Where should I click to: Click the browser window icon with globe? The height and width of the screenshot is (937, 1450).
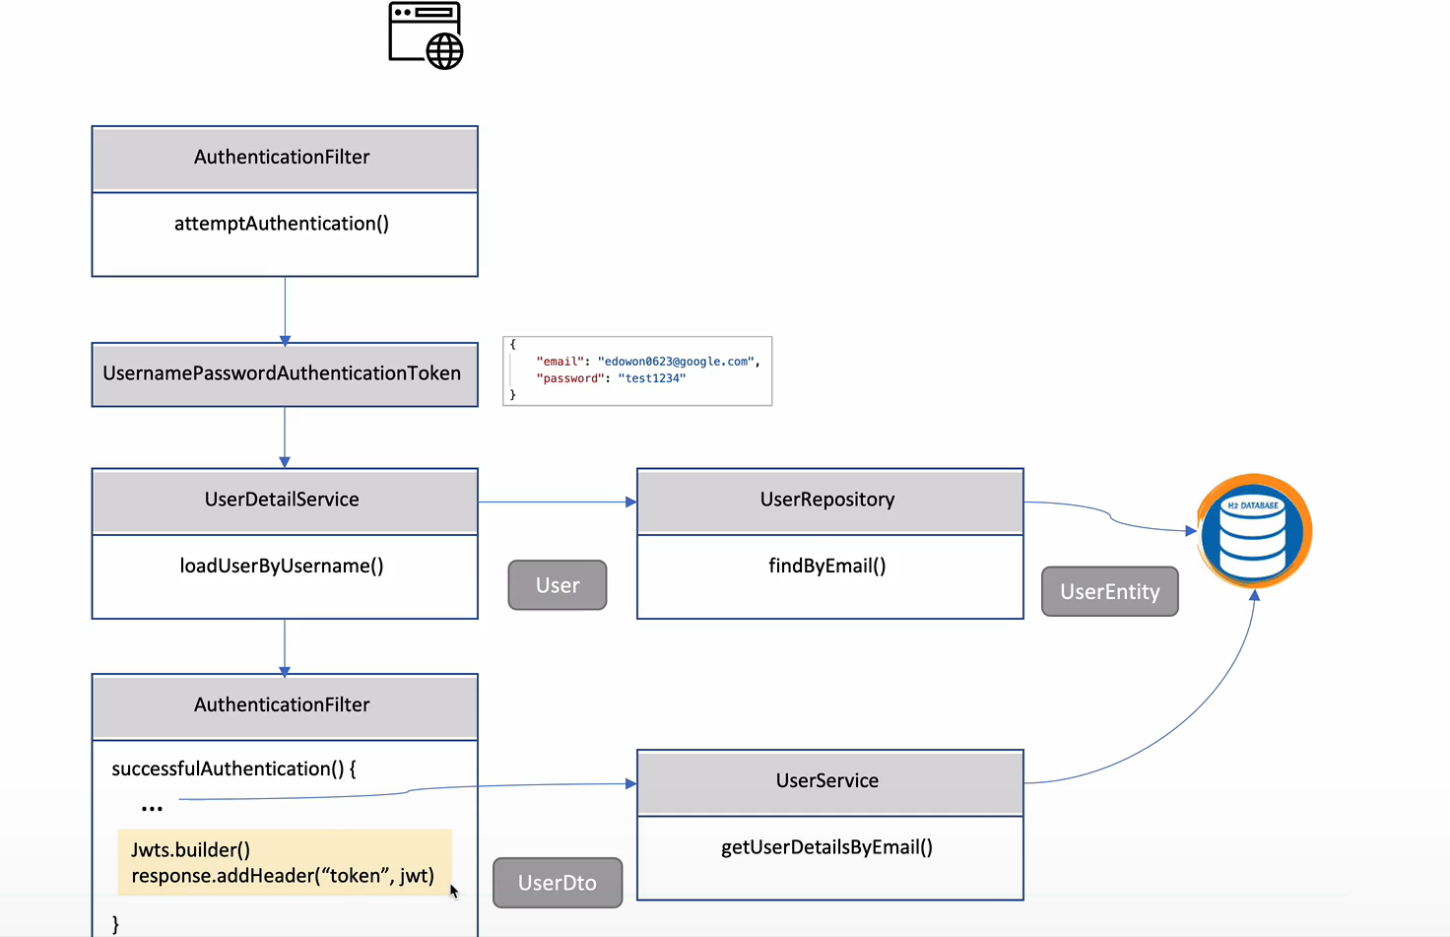(426, 35)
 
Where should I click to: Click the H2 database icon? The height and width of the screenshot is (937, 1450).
(1254, 531)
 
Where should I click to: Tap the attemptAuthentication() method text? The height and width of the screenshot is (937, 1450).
(282, 224)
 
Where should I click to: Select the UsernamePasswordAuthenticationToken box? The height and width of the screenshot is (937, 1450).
(284, 373)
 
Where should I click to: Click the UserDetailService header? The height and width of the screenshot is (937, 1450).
(283, 500)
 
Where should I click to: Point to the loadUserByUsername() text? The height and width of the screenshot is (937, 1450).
(282, 566)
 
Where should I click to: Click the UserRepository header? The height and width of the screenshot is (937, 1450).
(827, 500)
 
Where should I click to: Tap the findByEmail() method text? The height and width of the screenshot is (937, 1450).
(827, 566)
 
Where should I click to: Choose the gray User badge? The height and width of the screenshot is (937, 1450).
(558, 585)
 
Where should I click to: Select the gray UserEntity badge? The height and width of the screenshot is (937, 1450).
(1109, 591)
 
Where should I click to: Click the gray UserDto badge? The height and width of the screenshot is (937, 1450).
(558, 883)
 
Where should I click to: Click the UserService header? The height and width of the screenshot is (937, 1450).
(827, 780)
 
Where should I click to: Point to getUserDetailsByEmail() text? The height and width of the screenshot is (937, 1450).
(827, 847)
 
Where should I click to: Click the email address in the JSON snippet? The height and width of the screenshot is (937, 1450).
(677, 362)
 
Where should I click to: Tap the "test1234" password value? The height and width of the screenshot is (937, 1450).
(651, 378)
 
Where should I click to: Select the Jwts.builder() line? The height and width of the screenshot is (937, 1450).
(191, 849)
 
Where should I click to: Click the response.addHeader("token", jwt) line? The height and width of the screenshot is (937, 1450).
(283, 876)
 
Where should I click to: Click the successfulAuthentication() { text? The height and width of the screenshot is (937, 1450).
(233, 769)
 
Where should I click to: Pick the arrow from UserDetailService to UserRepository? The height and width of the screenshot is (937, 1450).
(557, 502)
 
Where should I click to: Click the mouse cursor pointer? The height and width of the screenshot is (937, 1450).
(453, 891)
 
